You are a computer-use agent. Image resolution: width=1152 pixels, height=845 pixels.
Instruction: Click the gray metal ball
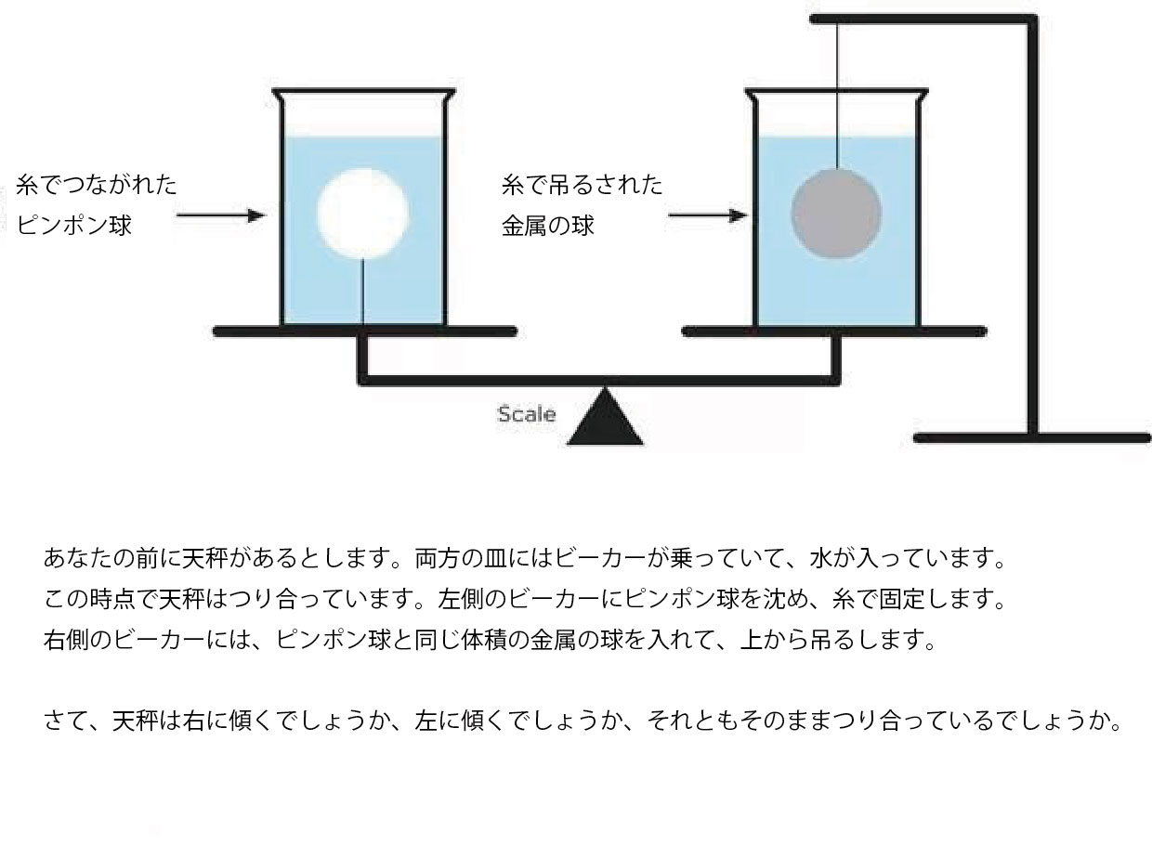(x=836, y=214)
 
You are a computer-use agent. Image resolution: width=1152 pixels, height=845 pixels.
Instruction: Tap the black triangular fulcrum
(x=606, y=420)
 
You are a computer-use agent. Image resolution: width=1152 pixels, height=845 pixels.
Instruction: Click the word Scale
(x=526, y=414)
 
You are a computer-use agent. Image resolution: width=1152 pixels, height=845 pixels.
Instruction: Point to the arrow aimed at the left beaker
(x=219, y=216)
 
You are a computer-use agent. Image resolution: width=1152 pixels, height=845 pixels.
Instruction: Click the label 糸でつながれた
(x=97, y=185)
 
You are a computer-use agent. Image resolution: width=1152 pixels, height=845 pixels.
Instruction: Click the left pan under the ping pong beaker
(x=364, y=331)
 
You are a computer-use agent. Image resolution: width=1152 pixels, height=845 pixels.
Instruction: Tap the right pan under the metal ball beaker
(x=834, y=331)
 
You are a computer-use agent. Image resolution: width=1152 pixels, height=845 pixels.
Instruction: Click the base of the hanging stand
(x=1031, y=438)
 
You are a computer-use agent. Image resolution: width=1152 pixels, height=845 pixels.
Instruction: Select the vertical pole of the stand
(x=1032, y=232)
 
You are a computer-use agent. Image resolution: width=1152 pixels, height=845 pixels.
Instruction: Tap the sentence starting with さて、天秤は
(x=584, y=721)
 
